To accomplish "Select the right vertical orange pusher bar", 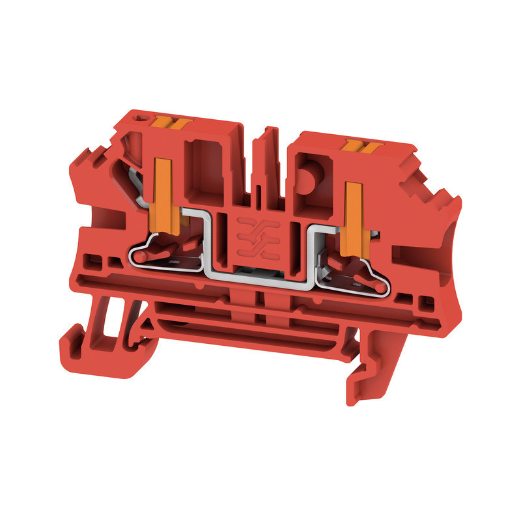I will click(354, 215).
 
